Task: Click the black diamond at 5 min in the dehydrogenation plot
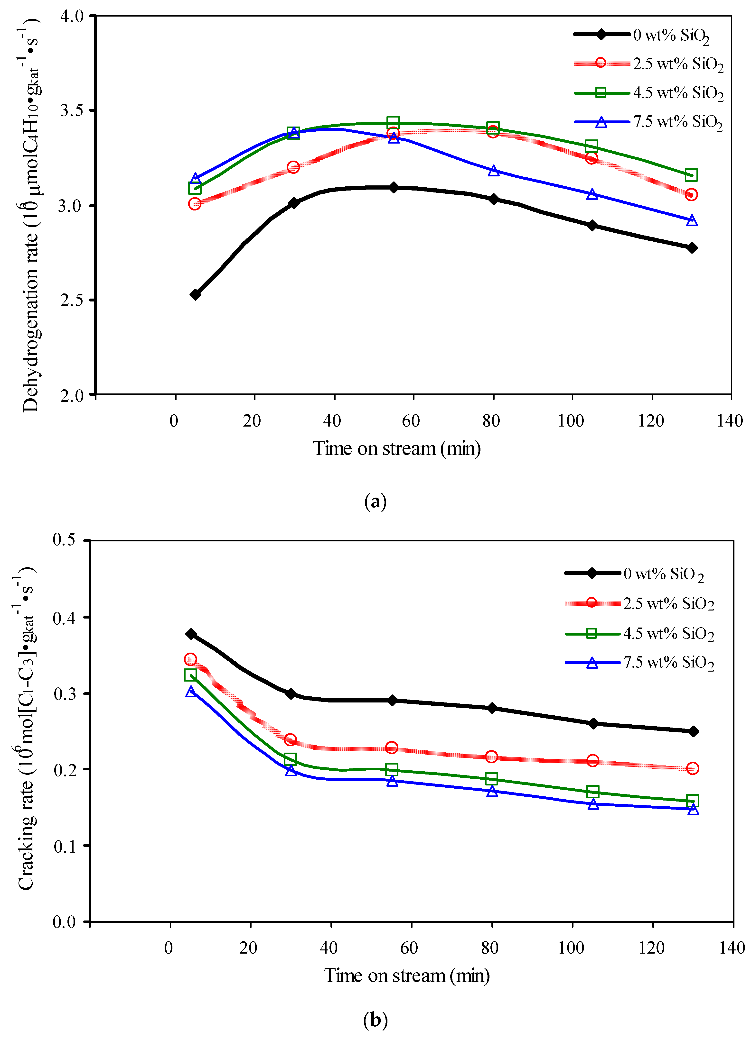point(195,295)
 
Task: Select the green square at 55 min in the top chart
point(393,123)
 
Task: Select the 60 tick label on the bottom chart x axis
point(409,947)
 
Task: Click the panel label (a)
point(375,502)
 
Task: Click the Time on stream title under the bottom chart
point(407,976)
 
